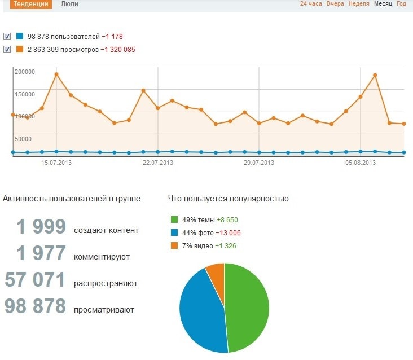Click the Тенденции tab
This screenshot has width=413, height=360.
[x=27, y=4]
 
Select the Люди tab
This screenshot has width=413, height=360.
[x=69, y=4]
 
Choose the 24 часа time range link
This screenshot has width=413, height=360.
[x=311, y=4]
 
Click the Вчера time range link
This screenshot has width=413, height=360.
[x=335, y=4]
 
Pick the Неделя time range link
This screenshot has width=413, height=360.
[x=359, y=4]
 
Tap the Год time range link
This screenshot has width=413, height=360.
[x=401, y=4]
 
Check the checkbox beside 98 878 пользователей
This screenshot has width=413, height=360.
[x=7, y=37]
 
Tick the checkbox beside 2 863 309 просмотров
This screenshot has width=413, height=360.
[x=7, y=49]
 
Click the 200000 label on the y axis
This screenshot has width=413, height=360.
[x=25, y=72]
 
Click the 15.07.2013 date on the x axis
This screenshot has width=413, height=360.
[x=56, y=163]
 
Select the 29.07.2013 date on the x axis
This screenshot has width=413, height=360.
[x=259, y=163]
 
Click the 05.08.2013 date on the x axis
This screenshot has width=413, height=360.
[x=361, y=163]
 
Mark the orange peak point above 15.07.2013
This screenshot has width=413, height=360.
[x=56, y=74]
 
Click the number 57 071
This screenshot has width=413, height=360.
[x=36, y=280]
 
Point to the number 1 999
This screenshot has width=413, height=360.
[x=41, y=227]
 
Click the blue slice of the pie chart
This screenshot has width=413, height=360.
[x=200, y=310]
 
